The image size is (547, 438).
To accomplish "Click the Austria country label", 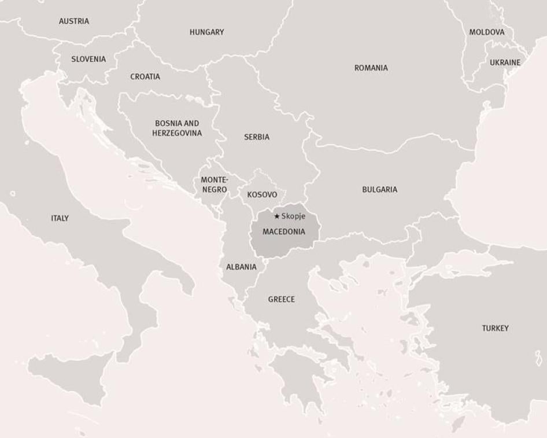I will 74,21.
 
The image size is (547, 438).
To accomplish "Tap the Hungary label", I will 206,32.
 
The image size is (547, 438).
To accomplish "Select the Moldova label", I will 486,32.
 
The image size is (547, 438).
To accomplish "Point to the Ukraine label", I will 505,62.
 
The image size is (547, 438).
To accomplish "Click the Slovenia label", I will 88,59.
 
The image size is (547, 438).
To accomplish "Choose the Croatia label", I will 145,77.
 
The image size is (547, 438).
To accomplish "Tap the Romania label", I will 371,68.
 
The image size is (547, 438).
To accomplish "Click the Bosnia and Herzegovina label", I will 177,128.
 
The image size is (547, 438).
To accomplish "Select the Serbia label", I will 257,138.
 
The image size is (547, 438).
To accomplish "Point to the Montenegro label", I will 215,185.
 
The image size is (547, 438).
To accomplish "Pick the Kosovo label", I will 262,195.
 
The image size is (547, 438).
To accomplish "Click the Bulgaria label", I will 379,190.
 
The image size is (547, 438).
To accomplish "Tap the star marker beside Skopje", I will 277,216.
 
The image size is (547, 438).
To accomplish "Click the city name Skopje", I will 293,216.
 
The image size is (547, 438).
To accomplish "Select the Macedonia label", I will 283,231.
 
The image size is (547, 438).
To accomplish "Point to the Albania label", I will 241,267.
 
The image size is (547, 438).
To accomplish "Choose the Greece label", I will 281,300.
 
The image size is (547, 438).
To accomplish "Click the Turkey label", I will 495,329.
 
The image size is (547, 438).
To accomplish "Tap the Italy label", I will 60,219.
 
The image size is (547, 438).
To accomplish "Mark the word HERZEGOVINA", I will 177,134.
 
